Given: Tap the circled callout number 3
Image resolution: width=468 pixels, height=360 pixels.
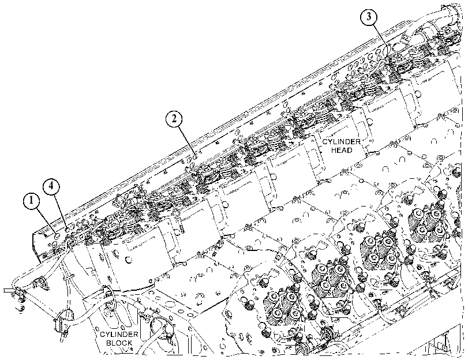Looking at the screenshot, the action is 369,17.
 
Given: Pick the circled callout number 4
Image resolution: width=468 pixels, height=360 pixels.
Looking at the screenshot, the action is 51,186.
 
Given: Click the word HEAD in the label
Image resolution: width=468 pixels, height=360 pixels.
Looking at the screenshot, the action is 342,150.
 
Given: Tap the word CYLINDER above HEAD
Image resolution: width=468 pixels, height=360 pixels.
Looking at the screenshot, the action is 342,142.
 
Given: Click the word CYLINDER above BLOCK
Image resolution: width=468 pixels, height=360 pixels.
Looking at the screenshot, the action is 119,335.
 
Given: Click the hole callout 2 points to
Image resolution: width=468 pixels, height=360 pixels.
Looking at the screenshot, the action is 194,156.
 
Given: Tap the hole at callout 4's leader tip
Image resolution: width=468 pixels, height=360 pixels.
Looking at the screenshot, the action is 68,229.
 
